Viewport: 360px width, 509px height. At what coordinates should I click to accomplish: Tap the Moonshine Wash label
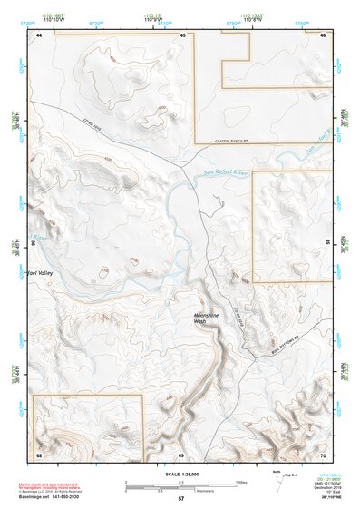click(206, 318)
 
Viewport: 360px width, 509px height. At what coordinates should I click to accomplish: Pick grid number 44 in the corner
click(39, 34)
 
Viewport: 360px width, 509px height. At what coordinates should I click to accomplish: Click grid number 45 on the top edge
click(183, 34)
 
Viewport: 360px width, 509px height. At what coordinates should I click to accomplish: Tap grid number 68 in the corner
click(39, 453)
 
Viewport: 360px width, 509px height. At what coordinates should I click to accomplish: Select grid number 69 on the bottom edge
click(181, 453)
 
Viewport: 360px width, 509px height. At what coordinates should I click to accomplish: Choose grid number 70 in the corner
click(323, 453)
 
